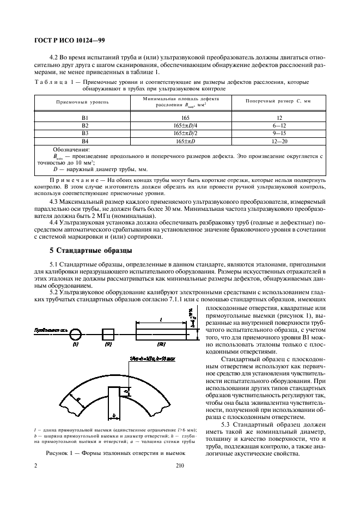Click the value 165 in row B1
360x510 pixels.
181,117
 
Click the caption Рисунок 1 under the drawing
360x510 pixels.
116,453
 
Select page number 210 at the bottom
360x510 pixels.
181,466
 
